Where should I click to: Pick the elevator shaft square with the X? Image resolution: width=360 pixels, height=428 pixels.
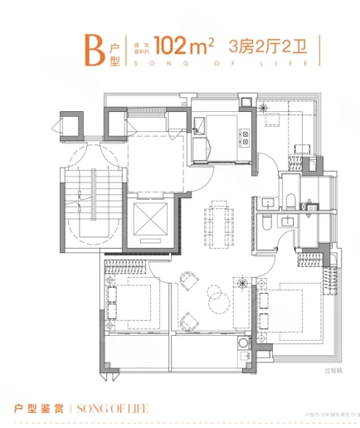(147, 223)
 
